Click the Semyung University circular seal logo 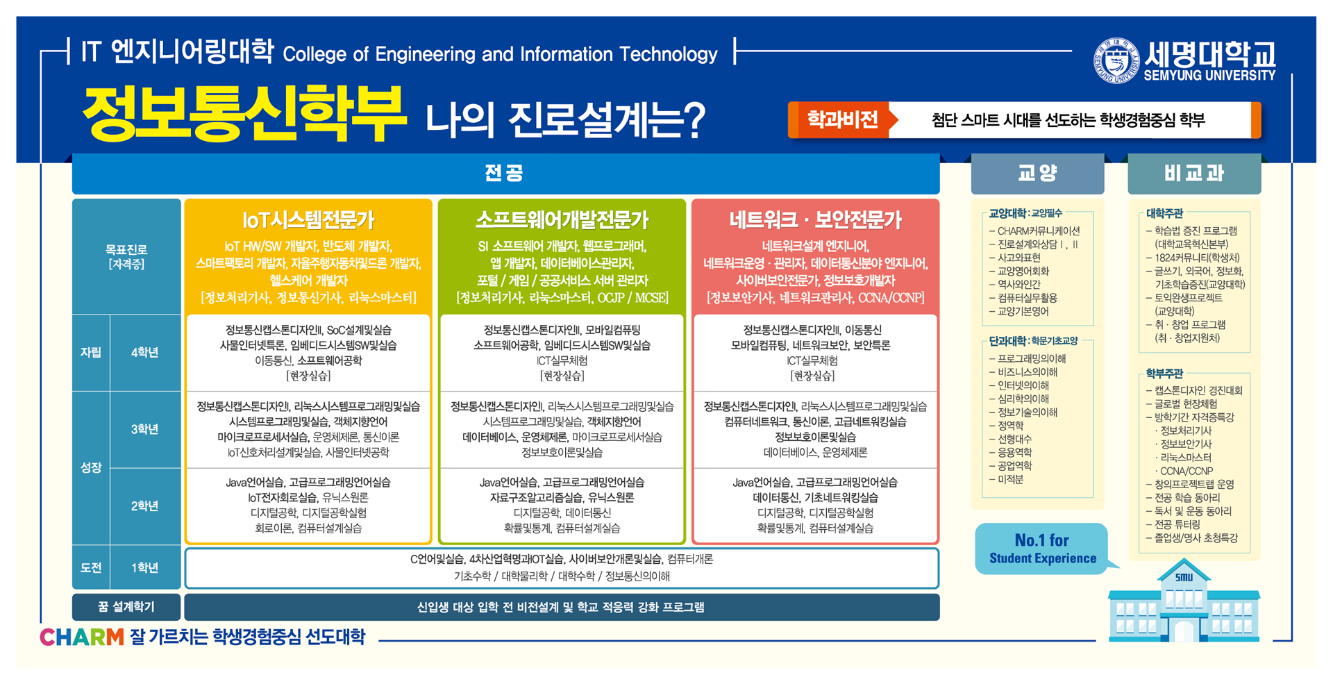(x=1116, y=60)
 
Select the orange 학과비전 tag (x=842, y=120)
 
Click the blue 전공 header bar (x=505, y=174)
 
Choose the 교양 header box (x=1037, y=174)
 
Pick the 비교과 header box (x=1194, y=174)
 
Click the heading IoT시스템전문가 (x=308, y=220)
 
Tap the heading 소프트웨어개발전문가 (x=562, y=220)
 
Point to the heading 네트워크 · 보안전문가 (x=815, y=220)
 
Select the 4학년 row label (x=145, y=353)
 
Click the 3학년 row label (x=145, y=429)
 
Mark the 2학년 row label (x=145, y=506)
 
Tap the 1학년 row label (x=145, y=568)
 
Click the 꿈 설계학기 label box (x=126, y=607)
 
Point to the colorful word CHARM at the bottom (x=82, y=637)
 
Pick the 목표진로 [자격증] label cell (x=126, y=257)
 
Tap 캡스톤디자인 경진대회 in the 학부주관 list (x=1198, y=390)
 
